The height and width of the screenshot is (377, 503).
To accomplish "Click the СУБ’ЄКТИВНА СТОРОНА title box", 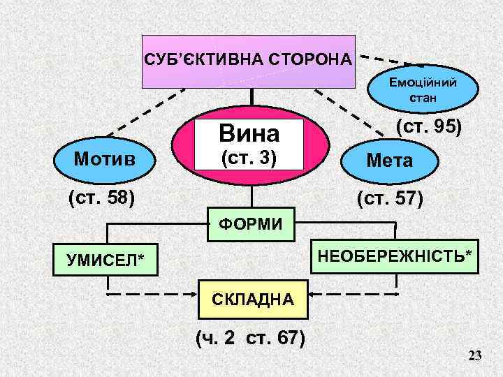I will [248, 61].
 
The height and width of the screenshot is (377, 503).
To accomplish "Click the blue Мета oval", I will [390, 161].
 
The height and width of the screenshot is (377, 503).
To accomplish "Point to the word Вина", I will [249, 133].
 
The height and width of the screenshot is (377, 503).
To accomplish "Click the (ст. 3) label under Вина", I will [249, 158].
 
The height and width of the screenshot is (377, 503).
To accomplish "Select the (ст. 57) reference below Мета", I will [389, 199].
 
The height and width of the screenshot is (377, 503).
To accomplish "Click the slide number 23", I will [475, 357].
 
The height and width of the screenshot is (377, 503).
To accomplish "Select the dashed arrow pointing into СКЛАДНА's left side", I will [154, 295].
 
